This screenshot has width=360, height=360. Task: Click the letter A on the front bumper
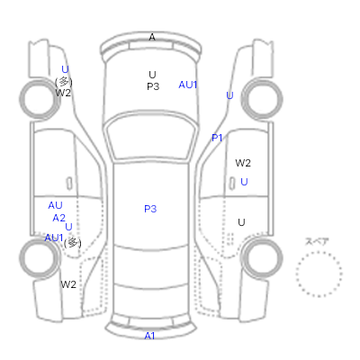152,37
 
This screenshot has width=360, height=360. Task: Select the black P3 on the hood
153,86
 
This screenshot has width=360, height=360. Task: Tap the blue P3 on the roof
150,209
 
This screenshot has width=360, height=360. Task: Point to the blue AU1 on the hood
188,85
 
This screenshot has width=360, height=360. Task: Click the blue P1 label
217,138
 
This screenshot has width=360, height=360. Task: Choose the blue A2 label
58,218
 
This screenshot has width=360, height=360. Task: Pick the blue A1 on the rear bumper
149,336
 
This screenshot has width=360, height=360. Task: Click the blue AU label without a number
55,205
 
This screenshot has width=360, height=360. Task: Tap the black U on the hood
152,75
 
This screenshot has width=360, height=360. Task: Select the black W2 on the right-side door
243,163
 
